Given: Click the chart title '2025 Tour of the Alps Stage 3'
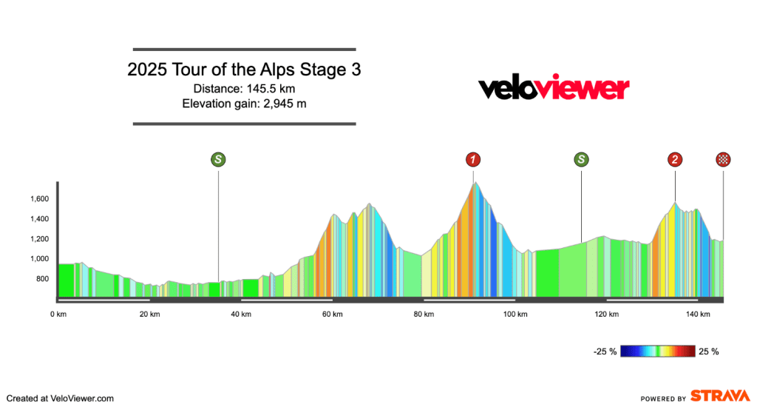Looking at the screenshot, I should [244, 70].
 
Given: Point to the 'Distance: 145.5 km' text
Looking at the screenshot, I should [244, 89].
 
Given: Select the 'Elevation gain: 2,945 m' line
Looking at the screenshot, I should [244, 104].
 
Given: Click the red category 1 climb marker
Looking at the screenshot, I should [473, 159].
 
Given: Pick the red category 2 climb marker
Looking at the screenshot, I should [675, 159].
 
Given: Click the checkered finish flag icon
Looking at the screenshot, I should [723, 159].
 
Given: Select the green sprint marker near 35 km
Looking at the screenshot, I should [218, 159].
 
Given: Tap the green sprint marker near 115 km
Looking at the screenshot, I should [582, 159].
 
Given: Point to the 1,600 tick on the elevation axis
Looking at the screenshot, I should [38, 199].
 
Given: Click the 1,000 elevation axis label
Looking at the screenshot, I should [38, 259].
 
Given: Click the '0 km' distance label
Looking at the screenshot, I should [58, 314].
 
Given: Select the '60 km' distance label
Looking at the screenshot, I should [332, 314].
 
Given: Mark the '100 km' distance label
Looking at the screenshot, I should [515, 314].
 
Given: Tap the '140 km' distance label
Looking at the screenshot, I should [698, 314].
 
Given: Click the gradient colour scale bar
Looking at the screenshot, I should [658, 351].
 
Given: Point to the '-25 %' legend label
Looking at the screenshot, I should [605, 351].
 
